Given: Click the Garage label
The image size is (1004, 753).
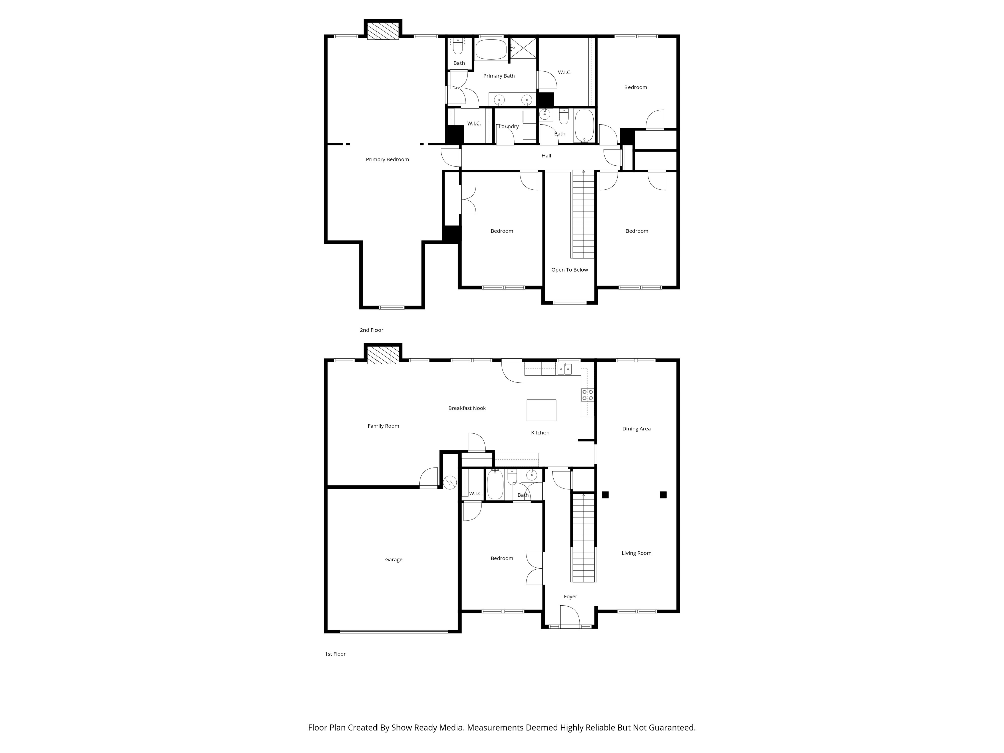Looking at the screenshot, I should pyautogui.click(x=393, y=559).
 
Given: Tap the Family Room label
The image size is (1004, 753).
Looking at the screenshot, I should pyautogui.click(x=383, y=426).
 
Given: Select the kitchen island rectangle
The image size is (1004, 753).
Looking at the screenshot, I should pyautogui.click(x=541, y=410).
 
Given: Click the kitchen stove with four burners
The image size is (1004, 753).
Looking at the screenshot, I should pyautogui.click(x=587, y=395).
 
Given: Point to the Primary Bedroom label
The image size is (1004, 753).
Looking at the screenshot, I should pyautogui.click(x=387, y=159).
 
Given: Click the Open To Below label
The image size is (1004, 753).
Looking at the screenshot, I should pyautogui.click(x=569, y=270).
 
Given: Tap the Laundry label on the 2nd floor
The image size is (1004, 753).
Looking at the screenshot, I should pyautogui.click(x=508, y=126).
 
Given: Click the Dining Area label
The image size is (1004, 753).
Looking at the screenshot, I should pyautogui.click(x=636, y=428).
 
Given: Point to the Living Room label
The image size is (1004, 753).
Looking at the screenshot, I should pyautogui.click(x=636, y=553).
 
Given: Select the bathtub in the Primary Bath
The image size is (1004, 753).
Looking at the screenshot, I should pyautogui.click(x=491, y=50).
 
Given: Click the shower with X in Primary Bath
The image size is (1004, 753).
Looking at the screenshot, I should pyautogui.click(x=523, y=48).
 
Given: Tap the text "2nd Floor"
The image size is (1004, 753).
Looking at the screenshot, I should pyautogui.click(x=371, y=330).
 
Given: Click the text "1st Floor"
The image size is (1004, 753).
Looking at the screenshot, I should pyautogui.click(x=335, y=654).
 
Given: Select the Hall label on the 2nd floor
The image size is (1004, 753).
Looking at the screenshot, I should pyautogui.click(x=546, y=156).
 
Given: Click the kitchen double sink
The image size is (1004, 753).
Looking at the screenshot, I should pyautogui.click(x=564, y=369).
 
